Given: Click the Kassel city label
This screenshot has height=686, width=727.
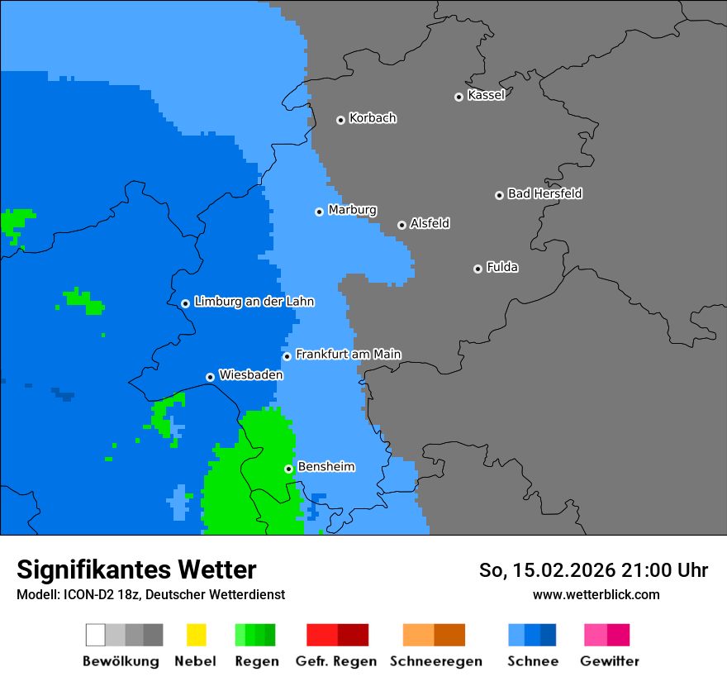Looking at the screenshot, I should coord(486,95).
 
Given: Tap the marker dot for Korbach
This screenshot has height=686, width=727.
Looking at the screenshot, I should coord(340,120).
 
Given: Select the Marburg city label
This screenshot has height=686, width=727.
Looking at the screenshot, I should coord(352,210).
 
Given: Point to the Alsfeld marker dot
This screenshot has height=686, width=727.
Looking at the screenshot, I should coord(402,225).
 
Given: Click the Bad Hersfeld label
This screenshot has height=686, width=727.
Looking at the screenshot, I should coord(544,193).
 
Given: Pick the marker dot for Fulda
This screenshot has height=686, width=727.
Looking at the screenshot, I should coord(478,269).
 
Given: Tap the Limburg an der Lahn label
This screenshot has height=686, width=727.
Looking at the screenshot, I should coord(254,302).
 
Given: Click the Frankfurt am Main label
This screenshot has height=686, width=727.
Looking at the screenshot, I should coord(348,355).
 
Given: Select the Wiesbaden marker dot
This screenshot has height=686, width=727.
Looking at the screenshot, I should coord(210,377).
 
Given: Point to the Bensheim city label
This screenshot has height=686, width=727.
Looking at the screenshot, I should coord(325,467).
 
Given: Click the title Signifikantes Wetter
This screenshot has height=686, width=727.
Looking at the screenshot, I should coord(136,569).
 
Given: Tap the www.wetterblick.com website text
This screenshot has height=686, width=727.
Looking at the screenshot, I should coord(596,594).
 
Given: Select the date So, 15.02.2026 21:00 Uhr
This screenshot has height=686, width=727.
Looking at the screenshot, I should coord(593,570).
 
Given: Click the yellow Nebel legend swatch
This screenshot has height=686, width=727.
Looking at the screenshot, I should coord(196,635).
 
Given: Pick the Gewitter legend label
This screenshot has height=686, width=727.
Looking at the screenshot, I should coord(609,661).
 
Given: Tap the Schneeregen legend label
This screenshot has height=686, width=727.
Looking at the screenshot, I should coord(435,661).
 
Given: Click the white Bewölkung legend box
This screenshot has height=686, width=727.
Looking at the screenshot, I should coord(96,635).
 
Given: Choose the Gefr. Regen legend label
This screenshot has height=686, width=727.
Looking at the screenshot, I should coord(336,661).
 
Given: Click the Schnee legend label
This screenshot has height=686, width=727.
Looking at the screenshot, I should coord(532,661).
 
